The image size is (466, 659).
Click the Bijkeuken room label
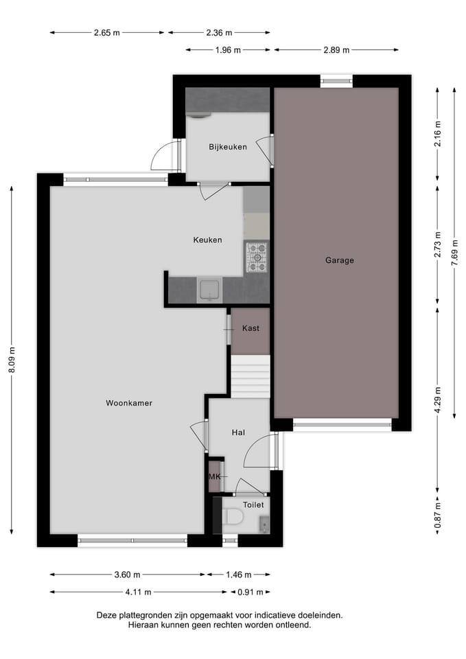pyautogui.click(x=228, y=147)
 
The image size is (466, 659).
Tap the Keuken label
pyautogui.click(x=207, y=240)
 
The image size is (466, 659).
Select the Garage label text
pyautogui.click(x=340, y=260)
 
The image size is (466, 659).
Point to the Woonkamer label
pyautogui.click(x=129, y=403)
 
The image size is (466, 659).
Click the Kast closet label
pyautogui.click(x=251, y=329)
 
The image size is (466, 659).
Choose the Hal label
pyautogui.click(x=239, y=432)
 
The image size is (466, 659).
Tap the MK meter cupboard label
pyautogui.click(x=215, y=476)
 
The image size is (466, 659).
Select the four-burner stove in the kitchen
pyautogui.click(x=257, y=257)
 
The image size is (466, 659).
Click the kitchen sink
pyautogui.click(x=209, y=290)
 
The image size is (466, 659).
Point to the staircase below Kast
pyautogui.click(x=251, y=376)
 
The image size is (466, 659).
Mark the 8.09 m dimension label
pyautogui.click(x=12, y=360)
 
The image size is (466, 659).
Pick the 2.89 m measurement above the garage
pyautogui.click(x=336, y=49)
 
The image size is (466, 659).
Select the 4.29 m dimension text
pyautogui.click(x=438, y=400)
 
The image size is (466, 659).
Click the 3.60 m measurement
pyautogui.click(x=127, y=575)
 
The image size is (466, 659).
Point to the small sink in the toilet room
pyautogui.click(x=265, y=525)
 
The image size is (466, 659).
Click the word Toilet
pyautogui.click(x=253, y=505)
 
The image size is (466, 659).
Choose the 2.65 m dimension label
pyautogui.click(x=106, y=32)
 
